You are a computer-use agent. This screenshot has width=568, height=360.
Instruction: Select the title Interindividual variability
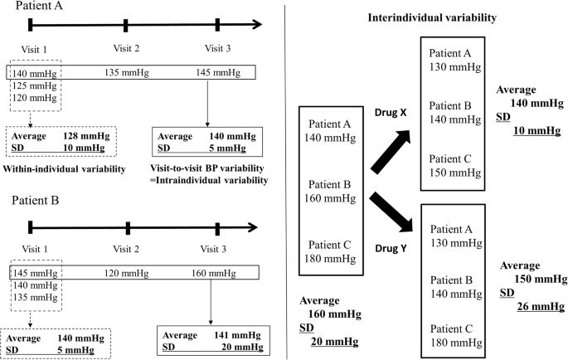(425, 17)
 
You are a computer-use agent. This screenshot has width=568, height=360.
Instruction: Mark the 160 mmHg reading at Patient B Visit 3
(218, 271)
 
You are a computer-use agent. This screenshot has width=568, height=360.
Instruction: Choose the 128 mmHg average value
(86, 135)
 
